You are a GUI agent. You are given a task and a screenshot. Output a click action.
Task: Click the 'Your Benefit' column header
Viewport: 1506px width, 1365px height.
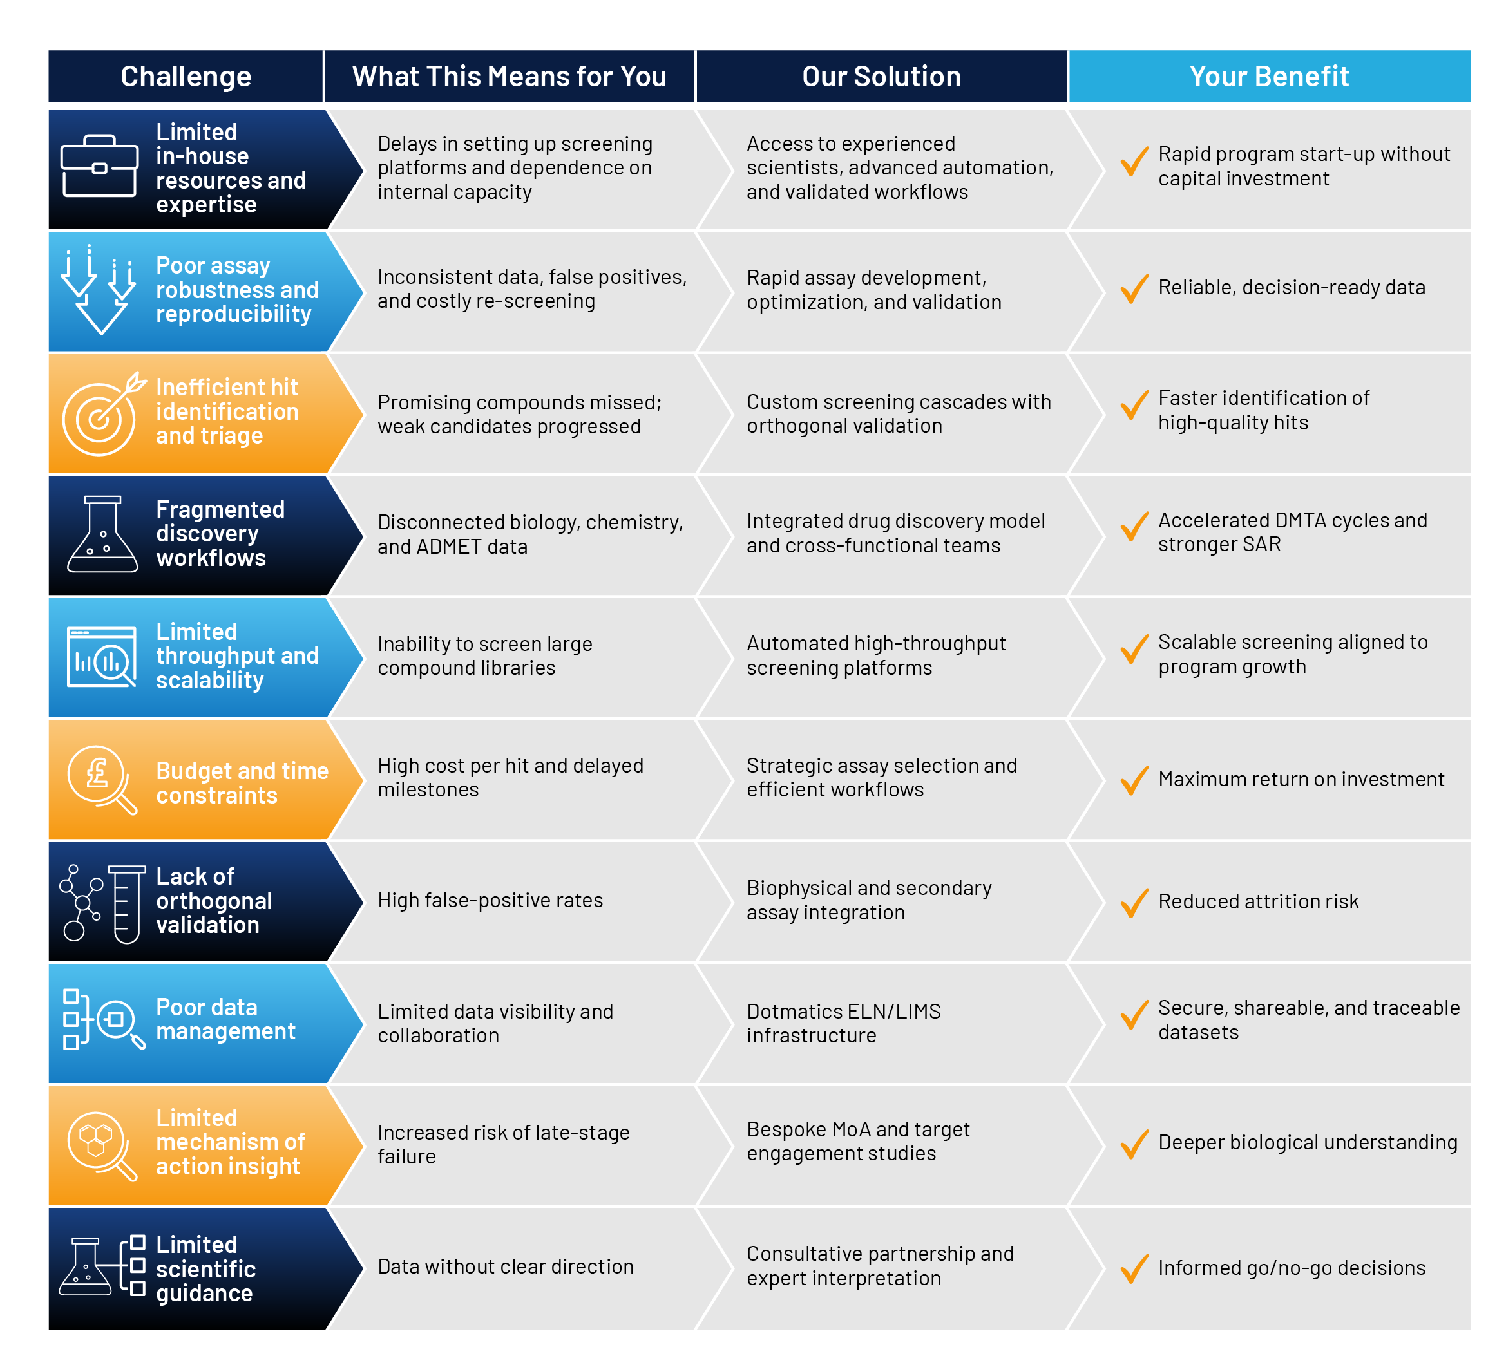click(1268, 76)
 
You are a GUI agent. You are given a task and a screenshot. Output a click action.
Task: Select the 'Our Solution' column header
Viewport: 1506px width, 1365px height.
click(881, 76)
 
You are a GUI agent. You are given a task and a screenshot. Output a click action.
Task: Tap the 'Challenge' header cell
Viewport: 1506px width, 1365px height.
click(186, 76)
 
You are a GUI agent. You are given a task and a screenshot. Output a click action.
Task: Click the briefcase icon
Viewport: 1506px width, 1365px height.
click(99, 165)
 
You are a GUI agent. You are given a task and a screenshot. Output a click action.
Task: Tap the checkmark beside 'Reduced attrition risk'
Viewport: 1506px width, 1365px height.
click(1134, 902)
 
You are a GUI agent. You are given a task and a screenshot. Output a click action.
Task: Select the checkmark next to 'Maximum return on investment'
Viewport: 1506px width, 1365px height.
click(1134, 780)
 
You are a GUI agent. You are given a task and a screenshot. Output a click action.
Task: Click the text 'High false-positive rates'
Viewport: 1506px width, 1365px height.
click(490, 901)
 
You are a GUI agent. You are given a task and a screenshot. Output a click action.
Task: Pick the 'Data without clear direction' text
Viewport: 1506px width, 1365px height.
click(505, 1266)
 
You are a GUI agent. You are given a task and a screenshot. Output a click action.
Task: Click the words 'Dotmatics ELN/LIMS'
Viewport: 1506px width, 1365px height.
click(843, 1011)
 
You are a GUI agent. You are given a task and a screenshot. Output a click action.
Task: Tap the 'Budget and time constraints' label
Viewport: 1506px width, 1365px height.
click(242, 782)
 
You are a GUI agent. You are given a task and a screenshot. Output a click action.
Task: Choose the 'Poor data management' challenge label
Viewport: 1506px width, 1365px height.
click(225, 1019)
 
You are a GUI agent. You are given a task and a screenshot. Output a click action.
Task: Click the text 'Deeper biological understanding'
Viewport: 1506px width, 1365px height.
click(1308, 1142)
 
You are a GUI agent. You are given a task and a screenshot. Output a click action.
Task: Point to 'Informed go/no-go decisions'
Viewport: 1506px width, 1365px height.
click(1292, 1268)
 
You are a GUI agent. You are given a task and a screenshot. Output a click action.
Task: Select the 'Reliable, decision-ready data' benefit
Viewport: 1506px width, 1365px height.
click(1292, 287)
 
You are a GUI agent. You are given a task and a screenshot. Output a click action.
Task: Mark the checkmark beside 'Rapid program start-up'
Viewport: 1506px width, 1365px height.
click(1134, 162)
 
